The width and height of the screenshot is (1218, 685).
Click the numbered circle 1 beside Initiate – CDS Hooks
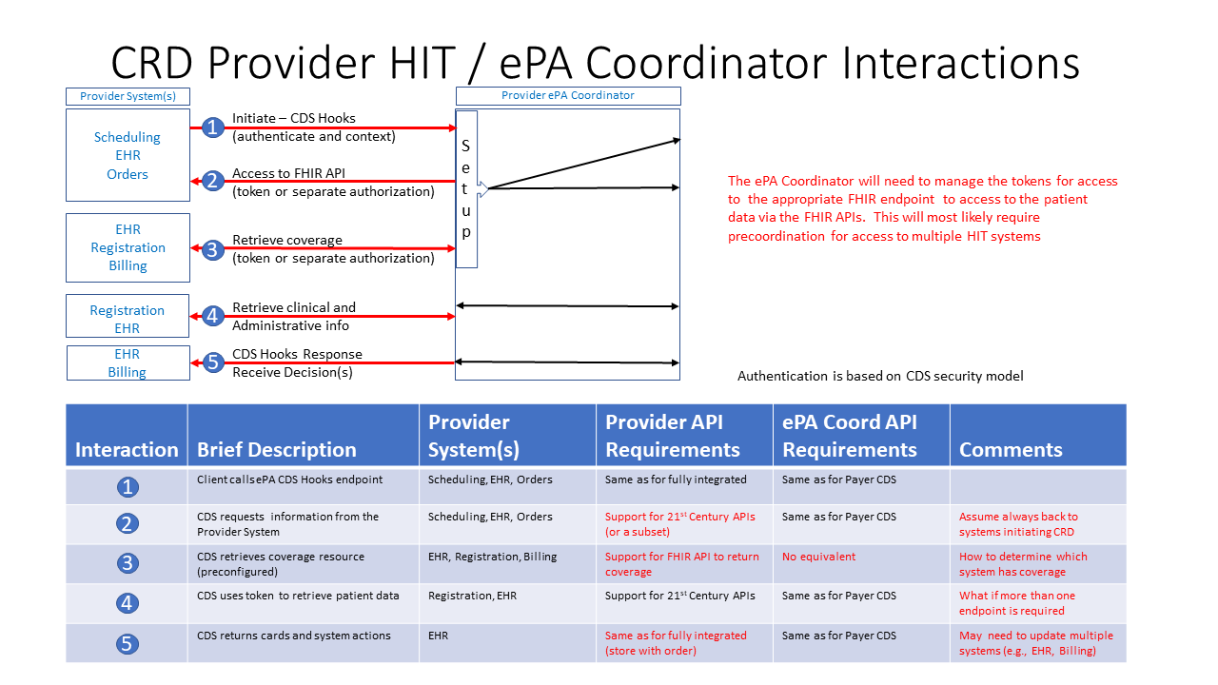[x=213, y=127]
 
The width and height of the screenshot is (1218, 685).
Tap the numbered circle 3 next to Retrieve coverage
[x=213, y=249]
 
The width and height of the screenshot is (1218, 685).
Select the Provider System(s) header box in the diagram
[x=128, y=96]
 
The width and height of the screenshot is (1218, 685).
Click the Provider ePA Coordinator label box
[x=568, y=95]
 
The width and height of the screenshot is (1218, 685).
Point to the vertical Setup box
[x=466, y=188]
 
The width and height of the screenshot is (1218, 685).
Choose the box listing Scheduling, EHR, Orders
[x=128, y=155]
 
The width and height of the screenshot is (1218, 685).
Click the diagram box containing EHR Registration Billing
[x=128, y=247]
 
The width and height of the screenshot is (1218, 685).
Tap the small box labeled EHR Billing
[x=128, y=362]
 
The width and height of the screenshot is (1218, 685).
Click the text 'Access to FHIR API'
[x=288, y=173]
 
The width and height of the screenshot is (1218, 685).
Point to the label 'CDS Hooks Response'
[x=297, y=354]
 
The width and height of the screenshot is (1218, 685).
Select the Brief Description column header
[x=276, y=449]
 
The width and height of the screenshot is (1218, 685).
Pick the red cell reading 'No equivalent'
[x=818, y=557]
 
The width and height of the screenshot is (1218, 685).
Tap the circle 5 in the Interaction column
[x=128, y=643]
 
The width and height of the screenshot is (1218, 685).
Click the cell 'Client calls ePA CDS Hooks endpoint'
[x=289, y=479]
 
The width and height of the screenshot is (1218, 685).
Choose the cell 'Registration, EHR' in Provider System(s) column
[x=472, y=596]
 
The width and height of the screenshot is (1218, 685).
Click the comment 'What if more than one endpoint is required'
[x=1016, y=603]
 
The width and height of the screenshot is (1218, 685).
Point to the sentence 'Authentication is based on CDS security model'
[x=880, y=376]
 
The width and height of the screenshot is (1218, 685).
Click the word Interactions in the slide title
[x=961, y=63]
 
